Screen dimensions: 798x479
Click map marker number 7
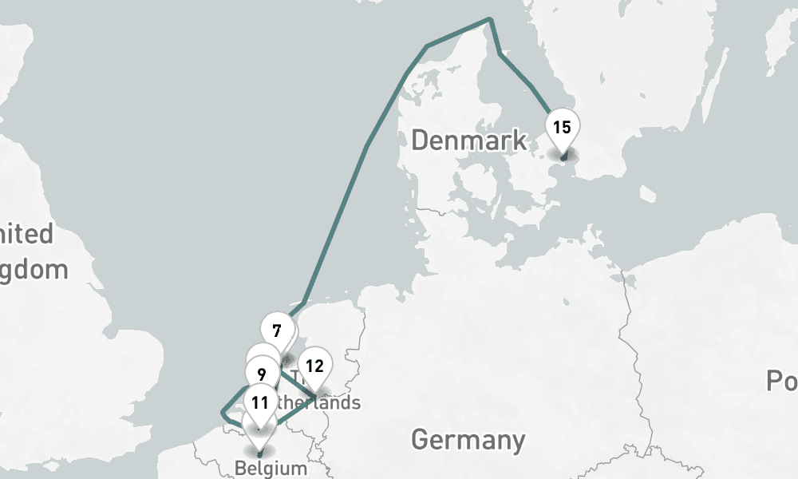click(x=277, y=331)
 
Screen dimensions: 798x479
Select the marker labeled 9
click(x=262, y=373)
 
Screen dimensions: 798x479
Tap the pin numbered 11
click(x=260, y=402)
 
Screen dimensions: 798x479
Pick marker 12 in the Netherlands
click(x=315, y=366)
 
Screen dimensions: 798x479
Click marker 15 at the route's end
click(x=562, y=127)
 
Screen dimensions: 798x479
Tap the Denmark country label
click(x=468, y=141)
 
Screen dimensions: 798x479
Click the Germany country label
click(x=468, y=439)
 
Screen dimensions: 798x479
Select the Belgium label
click(x=271, y=468)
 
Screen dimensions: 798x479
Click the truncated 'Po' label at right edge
click(x=781, y=382)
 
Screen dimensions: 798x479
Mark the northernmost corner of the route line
click(x=490, y=19)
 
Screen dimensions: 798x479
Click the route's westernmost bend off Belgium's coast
click(x=223, y=413)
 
